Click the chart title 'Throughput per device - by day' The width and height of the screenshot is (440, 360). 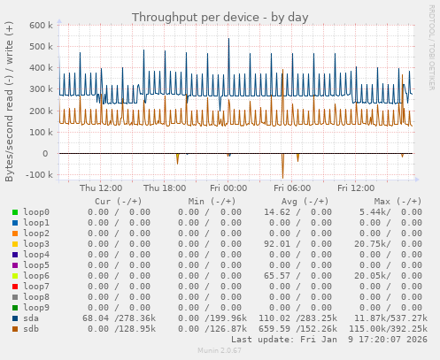point(220,17)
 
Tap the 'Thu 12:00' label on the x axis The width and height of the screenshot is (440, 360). point(101,188)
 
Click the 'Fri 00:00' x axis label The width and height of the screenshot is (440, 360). point(228,188)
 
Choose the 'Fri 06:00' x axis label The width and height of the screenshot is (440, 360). point(292,188)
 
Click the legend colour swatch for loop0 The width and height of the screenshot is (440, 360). point(14,212)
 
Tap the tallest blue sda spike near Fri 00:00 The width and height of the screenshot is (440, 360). point(228,40)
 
